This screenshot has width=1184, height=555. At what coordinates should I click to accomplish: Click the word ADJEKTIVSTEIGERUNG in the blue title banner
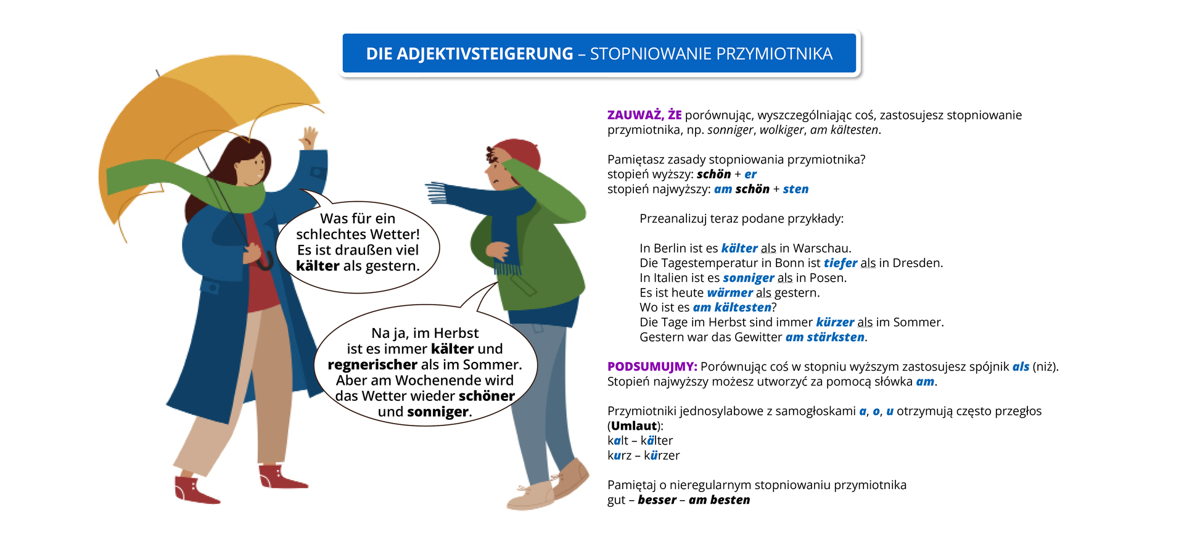click(469, 54)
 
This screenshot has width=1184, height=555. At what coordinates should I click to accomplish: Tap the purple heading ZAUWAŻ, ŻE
click(644, 115)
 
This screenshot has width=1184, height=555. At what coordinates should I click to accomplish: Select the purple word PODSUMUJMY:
click(652, 366)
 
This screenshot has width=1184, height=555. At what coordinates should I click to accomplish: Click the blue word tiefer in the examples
click(840, 263)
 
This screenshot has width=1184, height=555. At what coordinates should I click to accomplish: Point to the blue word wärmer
click(730, 292)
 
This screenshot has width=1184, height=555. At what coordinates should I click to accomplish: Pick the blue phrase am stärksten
click(824, 337)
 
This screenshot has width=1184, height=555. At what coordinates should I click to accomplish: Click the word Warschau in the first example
click(821, 248)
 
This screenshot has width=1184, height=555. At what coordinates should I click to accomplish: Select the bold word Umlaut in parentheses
click(634, 425)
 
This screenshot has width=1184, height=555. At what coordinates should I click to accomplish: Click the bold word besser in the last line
click(657, 499)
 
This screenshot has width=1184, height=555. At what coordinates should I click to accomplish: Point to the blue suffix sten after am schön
click(795, 189)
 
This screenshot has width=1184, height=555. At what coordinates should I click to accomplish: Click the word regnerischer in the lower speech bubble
click(372, 364)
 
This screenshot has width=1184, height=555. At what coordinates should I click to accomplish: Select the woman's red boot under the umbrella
click(194, 490)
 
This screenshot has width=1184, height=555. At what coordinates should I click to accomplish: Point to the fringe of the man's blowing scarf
click(435, 192)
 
